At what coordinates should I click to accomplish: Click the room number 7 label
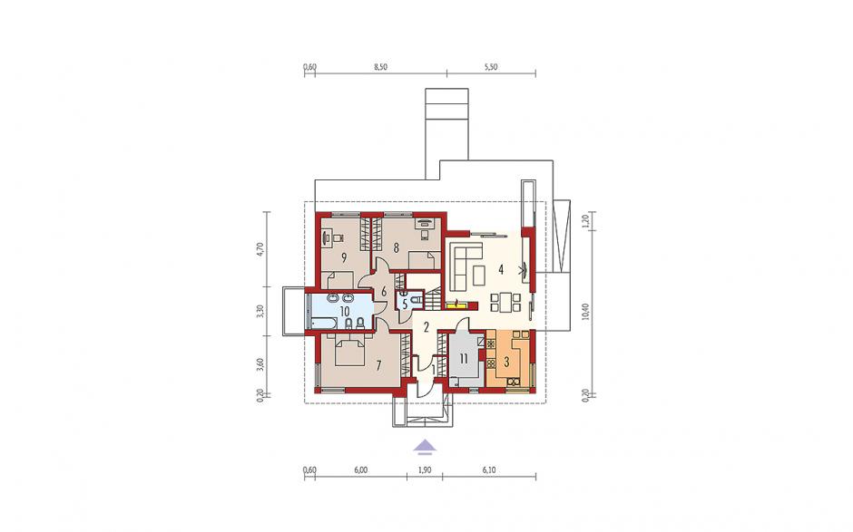pyautogui.click(x=378, y=365)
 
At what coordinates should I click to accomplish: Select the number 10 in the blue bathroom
pyautogui.click(x=344, y=312)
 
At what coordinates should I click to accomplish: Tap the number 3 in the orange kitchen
pyautogui.click(x=506, y=363)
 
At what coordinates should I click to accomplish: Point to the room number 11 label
pyautogui.click(x=464, y=359)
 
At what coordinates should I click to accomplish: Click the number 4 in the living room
pyautogui.click(x=501, y=268)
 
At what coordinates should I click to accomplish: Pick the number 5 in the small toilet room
pyautogui.click(x=405, y=305)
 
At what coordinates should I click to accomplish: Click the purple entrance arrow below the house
pyautogui.click(x=425, y=447)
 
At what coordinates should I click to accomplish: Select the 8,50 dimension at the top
pyautogui.click(x=381, y=67)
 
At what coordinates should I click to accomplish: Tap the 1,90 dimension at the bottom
pyautogui.click(x=425, y=470)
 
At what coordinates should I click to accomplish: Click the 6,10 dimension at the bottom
pyautogui.click(x=488, y=470)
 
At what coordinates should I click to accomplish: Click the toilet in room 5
pyautogui.click(x=417, y=299)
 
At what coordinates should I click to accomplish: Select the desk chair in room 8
pyautogui.click(x=425, y=234)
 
